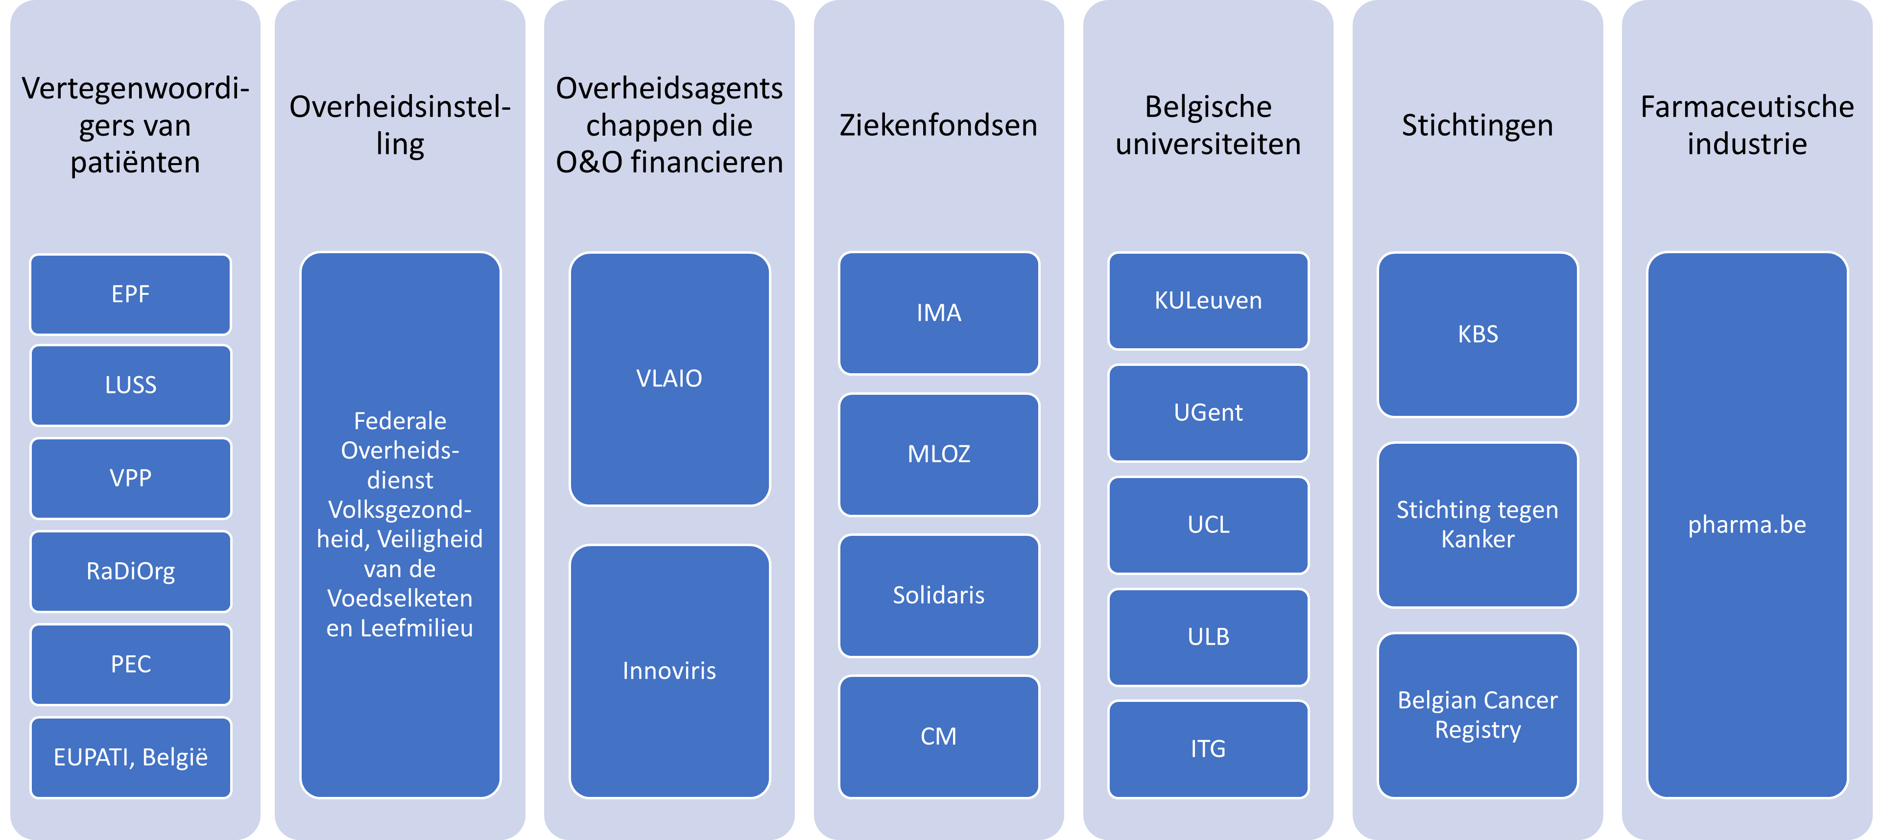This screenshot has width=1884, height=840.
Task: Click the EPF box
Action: pos(130,294)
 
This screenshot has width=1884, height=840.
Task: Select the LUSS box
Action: pos(130,385)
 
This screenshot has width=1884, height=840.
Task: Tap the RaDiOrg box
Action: pos(130,571)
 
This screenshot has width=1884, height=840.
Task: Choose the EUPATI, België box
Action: pos(130,757)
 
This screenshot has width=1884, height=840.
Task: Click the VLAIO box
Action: pos(669,378)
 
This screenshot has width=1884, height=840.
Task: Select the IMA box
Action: pos(938,312)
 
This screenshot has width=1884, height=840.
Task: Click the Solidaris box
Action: pos(938,595)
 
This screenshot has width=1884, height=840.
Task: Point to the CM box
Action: pos(938,736)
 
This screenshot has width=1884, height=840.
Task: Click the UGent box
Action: pos(1208,413)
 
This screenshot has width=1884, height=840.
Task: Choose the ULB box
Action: pos(1208,637)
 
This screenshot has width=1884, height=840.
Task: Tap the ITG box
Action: pos(1208,748)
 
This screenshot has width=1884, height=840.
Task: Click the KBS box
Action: pos(1478,335)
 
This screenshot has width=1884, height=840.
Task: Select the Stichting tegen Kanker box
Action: pos(1478,525)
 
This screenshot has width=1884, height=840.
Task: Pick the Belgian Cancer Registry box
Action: pos(1478,715)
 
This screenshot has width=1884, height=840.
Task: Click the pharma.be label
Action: pos(1746,525)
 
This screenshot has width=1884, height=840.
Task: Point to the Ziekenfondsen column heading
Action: pos(938,125)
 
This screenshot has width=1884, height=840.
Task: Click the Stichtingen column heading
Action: pos(1478,125)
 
